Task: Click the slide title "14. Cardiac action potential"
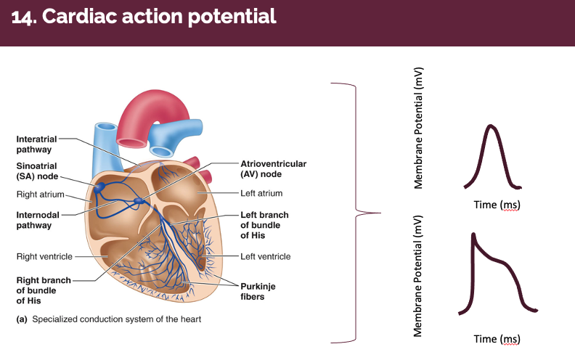point(144,16)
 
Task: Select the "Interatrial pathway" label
point(34,144)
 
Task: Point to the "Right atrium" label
point(39,195)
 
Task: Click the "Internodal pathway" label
point(34,220)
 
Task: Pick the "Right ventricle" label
point(43,256)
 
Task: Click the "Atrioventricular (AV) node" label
point(272,168)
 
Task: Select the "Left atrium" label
point(261,193)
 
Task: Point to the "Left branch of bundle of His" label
point(264,224)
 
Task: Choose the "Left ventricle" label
point(266,256)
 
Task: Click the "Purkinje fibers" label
point(258,291)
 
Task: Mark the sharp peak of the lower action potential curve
point(473,234)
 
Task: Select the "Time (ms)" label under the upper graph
point(497,205)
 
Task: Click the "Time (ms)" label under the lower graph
point(497,339)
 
